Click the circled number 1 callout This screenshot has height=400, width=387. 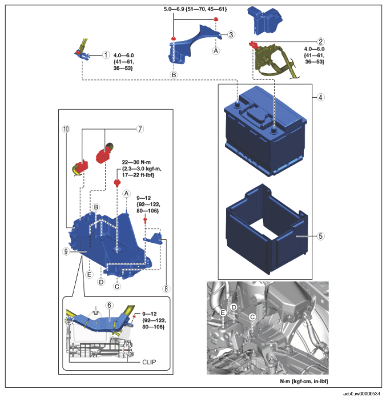pos(106,55)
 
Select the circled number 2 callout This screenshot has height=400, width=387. pos(320,41)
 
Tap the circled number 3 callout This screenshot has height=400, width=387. pos(231,34)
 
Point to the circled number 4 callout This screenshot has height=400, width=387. pos(320,97)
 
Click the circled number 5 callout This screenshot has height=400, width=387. pos(320,236)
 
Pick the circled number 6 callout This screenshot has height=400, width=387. pos(109,305)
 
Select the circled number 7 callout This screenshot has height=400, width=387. pos(140,129)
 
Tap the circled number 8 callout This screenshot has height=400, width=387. pos(166,288)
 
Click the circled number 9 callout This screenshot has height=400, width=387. pos(66,251)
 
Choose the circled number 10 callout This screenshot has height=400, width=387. pos(66,129)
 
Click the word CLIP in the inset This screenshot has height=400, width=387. pos(149,362)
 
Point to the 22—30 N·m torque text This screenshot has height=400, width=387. pos(136,162)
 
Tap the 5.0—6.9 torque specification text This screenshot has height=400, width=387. pos(195,9)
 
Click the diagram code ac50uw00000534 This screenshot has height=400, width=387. pos(361,394)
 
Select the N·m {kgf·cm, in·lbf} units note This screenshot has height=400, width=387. pos(304,381)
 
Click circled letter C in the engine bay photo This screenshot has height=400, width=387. pos(252,317)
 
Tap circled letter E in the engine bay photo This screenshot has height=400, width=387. pos(223,312)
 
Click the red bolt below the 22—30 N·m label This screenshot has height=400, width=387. pos(117,183)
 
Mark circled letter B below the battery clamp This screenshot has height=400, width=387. pos(174,75)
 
